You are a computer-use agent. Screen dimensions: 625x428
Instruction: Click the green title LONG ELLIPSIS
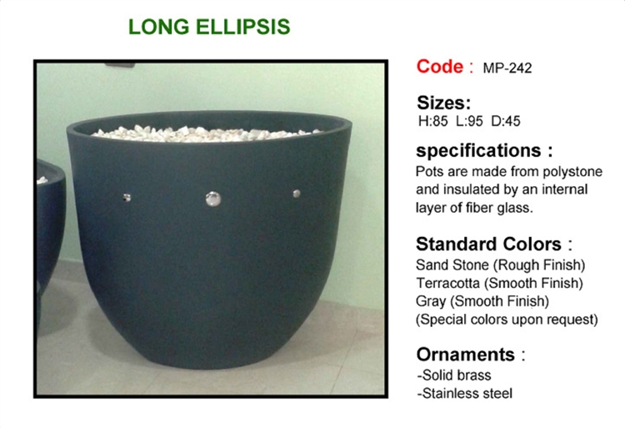209,27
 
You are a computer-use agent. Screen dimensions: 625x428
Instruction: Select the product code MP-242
507,68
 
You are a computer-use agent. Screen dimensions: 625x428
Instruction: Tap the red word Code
440,67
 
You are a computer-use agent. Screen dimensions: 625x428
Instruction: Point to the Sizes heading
443,103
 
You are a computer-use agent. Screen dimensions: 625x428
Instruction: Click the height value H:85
433,121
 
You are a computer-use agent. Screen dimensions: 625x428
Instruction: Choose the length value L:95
469,121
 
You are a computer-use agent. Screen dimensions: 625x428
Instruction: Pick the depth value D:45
506,121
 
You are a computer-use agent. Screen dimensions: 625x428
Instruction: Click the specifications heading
484,151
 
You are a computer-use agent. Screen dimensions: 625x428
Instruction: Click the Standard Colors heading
494,244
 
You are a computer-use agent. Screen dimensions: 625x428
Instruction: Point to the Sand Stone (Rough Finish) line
500,265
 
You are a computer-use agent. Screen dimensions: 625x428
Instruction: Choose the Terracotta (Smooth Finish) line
499,283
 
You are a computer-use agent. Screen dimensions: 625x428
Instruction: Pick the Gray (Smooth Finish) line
482,301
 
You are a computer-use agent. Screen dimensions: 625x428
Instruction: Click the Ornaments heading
471,355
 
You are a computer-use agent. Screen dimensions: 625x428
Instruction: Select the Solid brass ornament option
454,375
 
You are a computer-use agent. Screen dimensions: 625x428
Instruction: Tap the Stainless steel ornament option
465,394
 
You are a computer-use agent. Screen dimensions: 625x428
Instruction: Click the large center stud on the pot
212,199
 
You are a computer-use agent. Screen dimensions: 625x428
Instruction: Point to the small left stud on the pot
127,197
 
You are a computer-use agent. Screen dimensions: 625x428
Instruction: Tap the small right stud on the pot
297,194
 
